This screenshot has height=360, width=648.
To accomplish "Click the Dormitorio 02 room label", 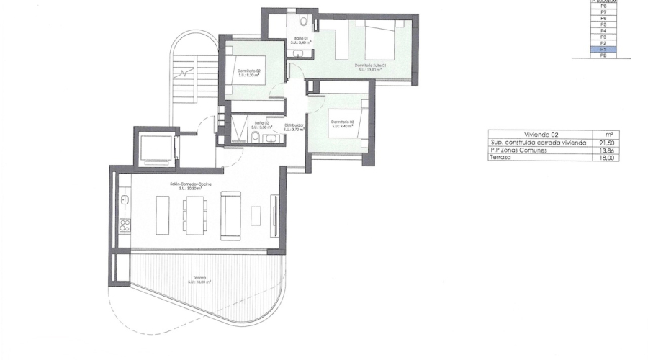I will [248, 71].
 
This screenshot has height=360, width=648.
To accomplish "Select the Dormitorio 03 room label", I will [343, 122].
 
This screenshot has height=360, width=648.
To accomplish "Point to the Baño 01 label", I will [302, 37].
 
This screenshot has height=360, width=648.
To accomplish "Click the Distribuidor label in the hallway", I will [293, 125].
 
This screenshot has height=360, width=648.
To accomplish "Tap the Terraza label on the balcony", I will [199, 277].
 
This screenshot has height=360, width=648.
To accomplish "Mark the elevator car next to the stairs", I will [155, 148].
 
